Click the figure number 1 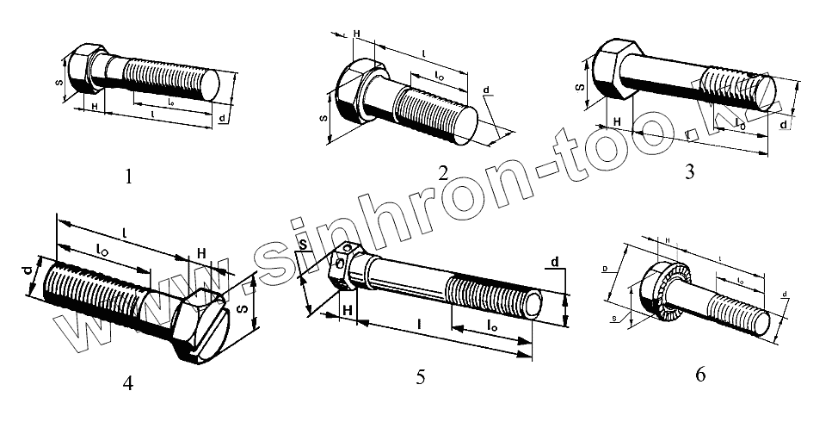point(128,177)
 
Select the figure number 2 point(442,171)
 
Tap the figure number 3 point(689,171)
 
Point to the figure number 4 point(127,382)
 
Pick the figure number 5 point(421,376)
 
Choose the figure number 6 point(699,375)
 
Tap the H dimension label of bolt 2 point(356,34)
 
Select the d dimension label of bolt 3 point(782,125)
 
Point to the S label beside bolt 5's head point(304,245)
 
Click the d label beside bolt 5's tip point(555,262)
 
